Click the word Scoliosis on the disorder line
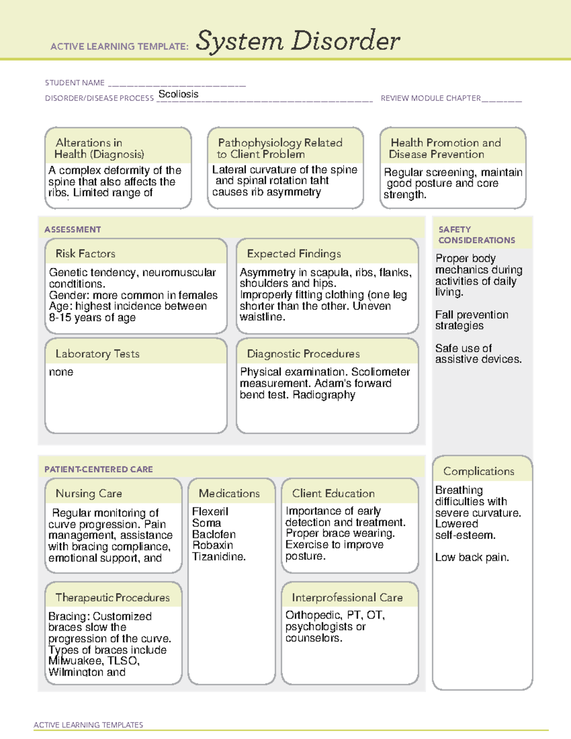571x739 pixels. (x=178, y=94)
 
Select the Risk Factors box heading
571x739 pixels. (x=85, y=254)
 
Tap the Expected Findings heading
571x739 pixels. (x=294, y=254)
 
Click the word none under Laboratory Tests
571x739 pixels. (x=61, y=372)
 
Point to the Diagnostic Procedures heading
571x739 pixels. (x=303, y=354)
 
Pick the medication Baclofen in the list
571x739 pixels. (x=214, y=534)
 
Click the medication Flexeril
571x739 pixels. (x=210, y=512)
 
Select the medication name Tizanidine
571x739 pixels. (x=218, y=557)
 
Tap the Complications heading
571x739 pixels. (x=479, y=471)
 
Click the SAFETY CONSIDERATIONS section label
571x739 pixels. (x=476, y=235)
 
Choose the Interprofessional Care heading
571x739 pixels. (x=347, y=598)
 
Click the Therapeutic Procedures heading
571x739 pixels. (x=112, y=598)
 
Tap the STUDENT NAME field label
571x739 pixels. (x=75, y=83)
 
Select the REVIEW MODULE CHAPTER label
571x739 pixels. (x=431, y=98)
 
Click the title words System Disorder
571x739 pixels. (x=298, y=41)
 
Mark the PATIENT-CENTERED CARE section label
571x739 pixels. (x=98, y=469)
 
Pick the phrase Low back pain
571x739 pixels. (x=472, y=557)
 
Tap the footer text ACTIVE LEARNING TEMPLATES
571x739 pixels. (x=88, y=725)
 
